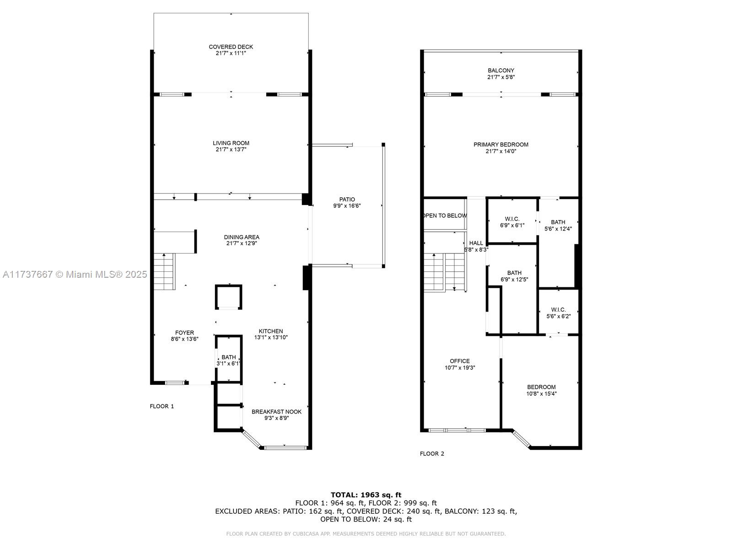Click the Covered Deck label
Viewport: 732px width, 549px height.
[x=231, y=47]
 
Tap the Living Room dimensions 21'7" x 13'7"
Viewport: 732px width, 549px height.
[x=231, y=150]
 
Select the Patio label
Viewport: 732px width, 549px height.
[x=347, y=199]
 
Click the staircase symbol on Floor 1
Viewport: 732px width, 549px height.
[x=164, y=272]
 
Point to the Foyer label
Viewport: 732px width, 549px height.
[x=184, y=333]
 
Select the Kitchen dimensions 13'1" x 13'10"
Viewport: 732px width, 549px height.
[x=271, y=338]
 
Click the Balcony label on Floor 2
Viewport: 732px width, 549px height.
[x=501, y=70]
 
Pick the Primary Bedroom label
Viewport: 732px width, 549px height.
[x=501, y=145]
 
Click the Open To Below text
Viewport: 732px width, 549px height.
[x=445, y=215]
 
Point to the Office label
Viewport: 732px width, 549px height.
[x=459, y=361]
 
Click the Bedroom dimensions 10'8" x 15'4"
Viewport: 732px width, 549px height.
[x=541, y=393]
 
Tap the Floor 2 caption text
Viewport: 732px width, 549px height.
[x=432, y=454]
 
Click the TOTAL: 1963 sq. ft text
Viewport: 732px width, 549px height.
[x=366, y=495]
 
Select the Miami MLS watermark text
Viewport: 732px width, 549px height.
[x=75, y=274]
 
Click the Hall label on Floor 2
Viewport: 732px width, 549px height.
[x=476, y=243]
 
